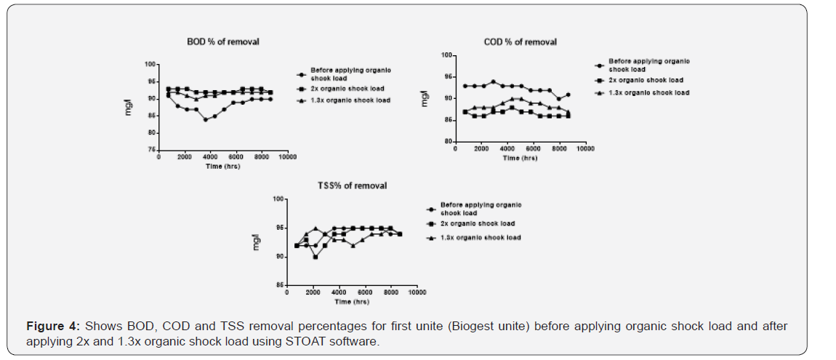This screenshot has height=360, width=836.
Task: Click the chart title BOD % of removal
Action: point(222,42)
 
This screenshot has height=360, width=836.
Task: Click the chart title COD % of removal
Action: point(520,42)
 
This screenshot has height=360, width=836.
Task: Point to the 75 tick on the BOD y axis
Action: point(151,150)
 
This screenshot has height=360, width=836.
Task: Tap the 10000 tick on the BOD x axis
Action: point(287,156)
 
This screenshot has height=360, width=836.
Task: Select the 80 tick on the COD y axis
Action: point(449,141)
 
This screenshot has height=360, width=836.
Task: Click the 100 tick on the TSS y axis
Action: point(277,199)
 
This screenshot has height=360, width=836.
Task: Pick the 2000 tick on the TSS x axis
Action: point(313,292)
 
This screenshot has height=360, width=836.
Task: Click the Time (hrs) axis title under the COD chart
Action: point(521,158)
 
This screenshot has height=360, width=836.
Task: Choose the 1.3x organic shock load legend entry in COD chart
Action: point(648,92)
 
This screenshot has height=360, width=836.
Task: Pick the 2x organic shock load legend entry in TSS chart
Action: point(478,224)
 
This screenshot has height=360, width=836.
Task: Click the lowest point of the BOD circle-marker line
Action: point(206,119)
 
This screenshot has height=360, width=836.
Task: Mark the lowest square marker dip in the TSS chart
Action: point(315,257)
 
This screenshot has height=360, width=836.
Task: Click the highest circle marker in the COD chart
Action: point(493,81)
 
